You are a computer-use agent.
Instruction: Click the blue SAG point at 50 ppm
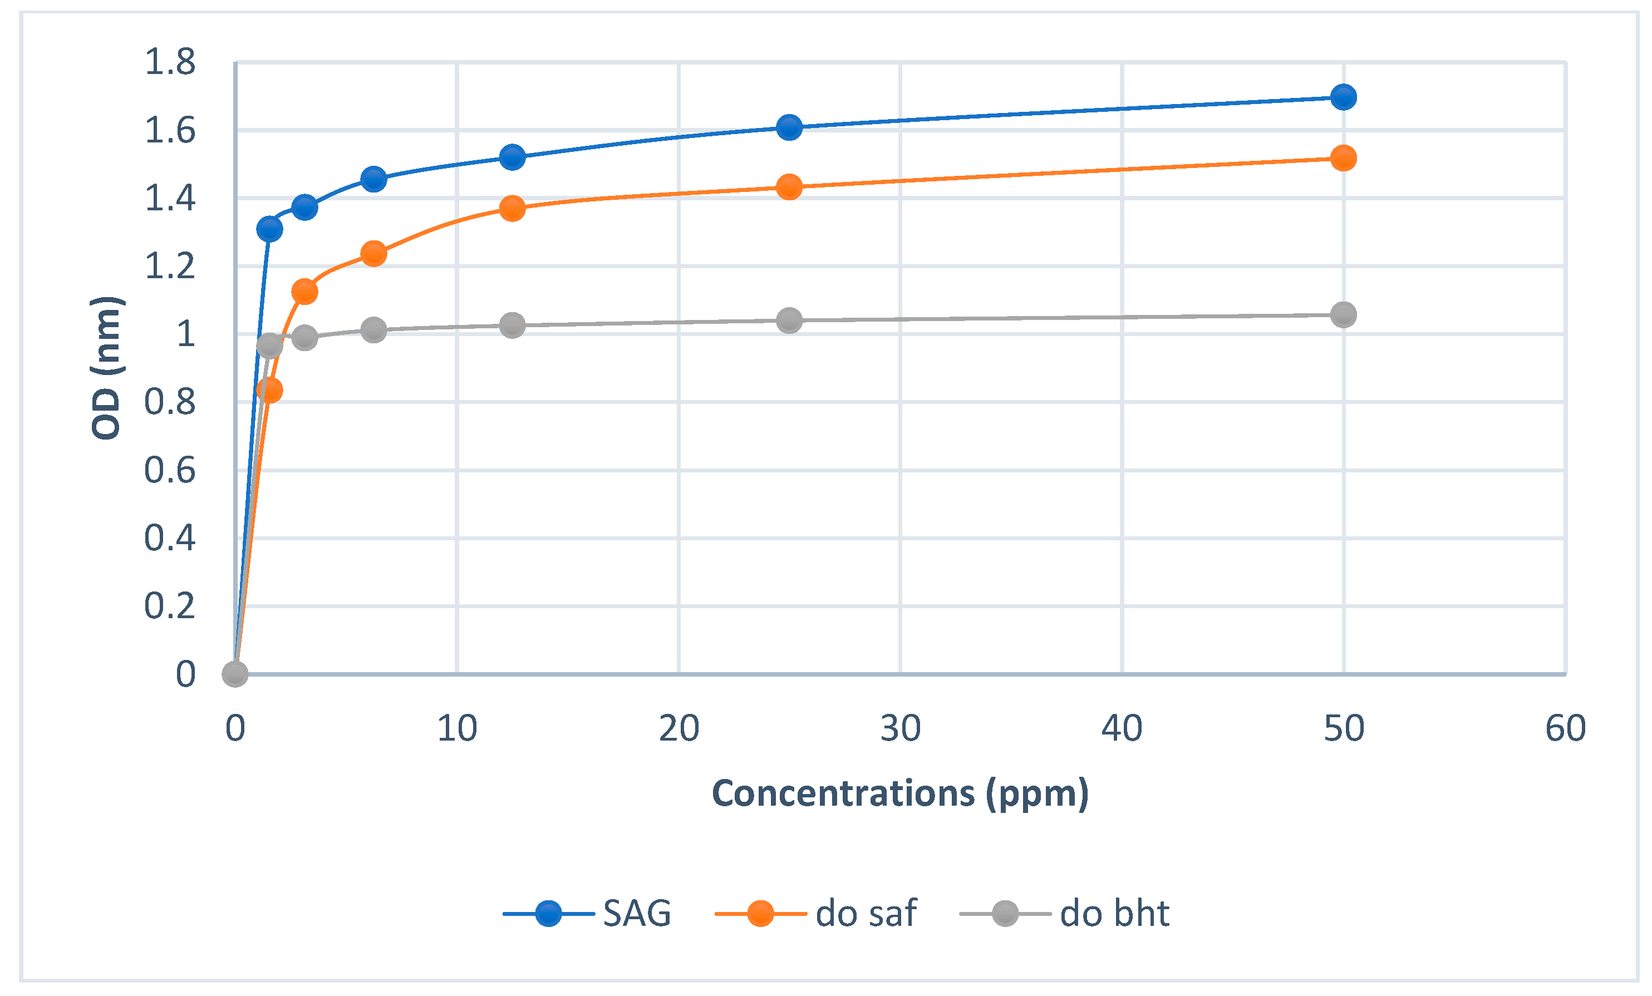1343,97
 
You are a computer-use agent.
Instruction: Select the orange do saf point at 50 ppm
1343,158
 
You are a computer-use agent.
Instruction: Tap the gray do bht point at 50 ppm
1343,314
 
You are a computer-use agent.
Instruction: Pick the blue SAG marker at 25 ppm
789,127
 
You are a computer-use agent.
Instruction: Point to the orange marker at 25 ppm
789,187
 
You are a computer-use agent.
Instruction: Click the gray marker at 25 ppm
789,321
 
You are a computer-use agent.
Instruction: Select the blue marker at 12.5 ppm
512,157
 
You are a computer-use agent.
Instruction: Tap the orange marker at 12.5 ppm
512,209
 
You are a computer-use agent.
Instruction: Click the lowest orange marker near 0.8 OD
269,390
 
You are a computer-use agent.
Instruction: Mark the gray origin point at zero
235,674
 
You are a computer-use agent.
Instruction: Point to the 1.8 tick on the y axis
170,62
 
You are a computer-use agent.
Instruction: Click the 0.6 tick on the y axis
170,471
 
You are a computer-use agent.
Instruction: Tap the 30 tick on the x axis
899,728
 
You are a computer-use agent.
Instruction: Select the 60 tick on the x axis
1565,728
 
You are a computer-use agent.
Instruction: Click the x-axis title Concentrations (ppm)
899,793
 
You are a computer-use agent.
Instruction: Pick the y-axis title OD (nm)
106,367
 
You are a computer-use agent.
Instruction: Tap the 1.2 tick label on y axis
170,267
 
